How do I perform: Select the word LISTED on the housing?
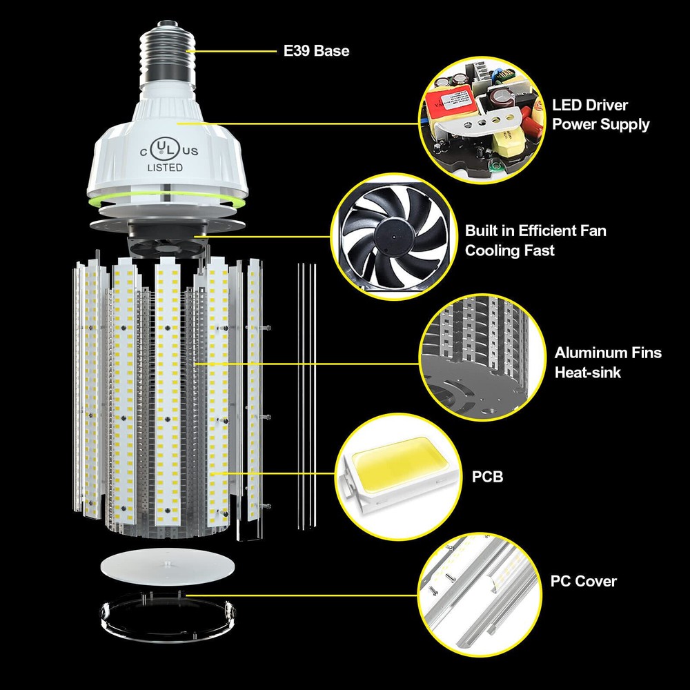pos(164,168)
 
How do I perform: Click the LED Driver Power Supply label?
pos(600,115)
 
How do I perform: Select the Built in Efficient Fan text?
pos(535,230)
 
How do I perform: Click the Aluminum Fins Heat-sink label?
pos(607,362)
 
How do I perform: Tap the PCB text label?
pos(487,477)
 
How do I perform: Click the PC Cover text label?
pos(583,581)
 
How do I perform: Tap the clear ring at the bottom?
pos(166,611)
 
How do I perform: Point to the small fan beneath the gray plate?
pos(166,246)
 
